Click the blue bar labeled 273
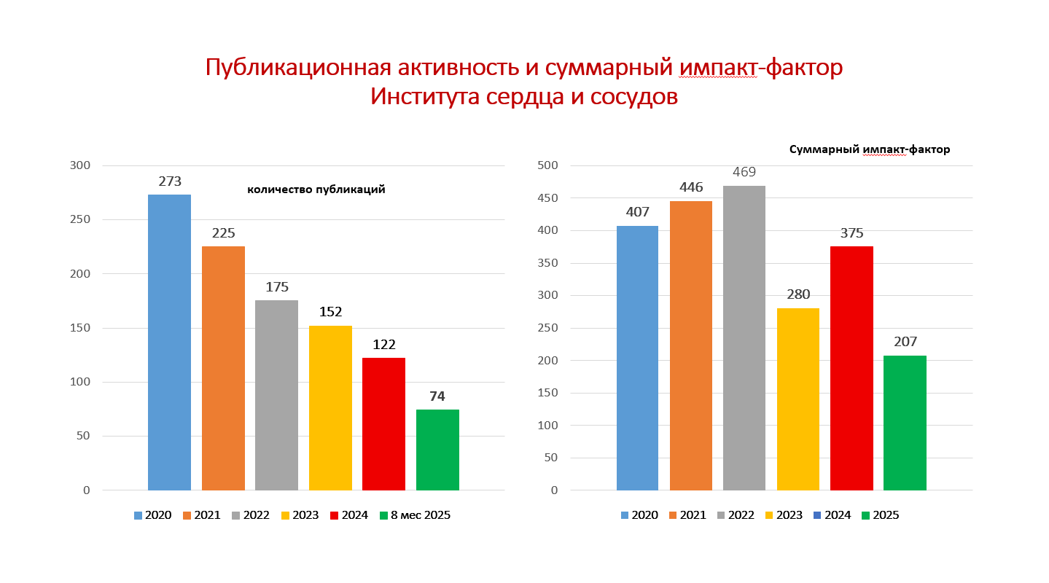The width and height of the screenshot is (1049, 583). click(169, 343)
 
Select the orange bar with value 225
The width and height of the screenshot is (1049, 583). click(223, 368)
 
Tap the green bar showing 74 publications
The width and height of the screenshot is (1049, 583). click(437, 450)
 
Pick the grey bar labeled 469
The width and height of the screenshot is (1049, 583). click(744, 337)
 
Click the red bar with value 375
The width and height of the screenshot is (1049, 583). click(851, 368)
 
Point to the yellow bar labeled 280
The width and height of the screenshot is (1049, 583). click(798, 399)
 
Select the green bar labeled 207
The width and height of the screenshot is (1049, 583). click(905, 423)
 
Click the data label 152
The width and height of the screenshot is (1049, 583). click(330, 312)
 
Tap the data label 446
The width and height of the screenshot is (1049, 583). click(691, 187)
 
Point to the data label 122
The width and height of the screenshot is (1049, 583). click(383, 345)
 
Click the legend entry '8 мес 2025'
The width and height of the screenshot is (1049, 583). click(420, 515)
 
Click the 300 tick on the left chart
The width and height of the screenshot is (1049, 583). click(81, 165)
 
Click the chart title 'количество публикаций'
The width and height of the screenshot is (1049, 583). click(316, 189)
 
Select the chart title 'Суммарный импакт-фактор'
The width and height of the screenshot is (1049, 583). click(870, 149)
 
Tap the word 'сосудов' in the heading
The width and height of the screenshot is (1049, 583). click(631, 97)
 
